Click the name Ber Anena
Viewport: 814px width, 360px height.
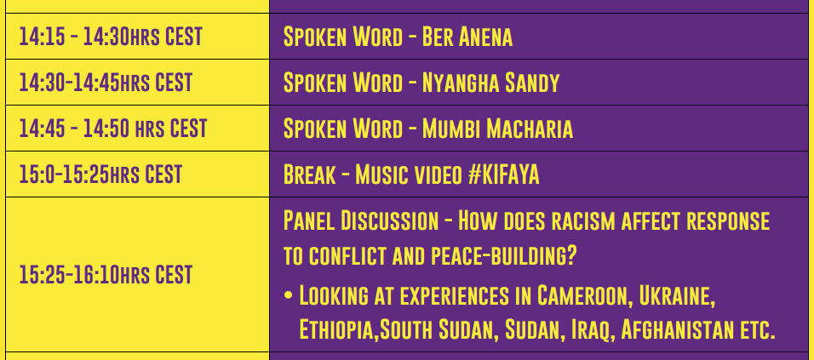pyautogui.click(x=467, y=37)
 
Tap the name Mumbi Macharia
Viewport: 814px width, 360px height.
pyautogui.click(x=497, y=129)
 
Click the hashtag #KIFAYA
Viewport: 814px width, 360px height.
pyautogui.click(x=503, y=174)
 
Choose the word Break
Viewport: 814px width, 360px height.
pyautogui.click(x=309, y=174)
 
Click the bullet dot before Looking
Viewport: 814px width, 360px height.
pyautogui.click(x=288, y=296)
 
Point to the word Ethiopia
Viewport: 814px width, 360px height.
pyautogui.click(x=338, y=330)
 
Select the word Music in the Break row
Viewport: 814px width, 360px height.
pyautogui.click(x=381, y=174)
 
